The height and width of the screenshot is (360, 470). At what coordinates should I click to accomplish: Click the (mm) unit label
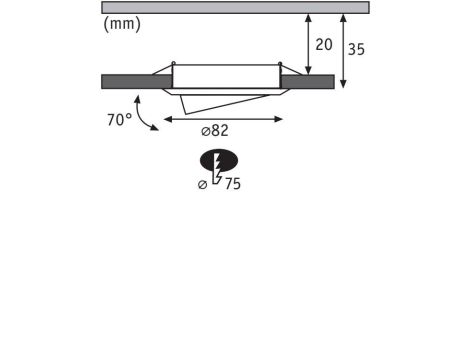122,24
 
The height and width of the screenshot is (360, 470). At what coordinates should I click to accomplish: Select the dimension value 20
324,45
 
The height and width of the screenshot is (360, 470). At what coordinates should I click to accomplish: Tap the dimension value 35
356,49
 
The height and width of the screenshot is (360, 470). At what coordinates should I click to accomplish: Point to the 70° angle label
119,120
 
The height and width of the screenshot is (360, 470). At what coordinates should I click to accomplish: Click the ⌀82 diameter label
215,131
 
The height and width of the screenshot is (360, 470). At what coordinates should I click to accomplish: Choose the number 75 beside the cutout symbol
233,184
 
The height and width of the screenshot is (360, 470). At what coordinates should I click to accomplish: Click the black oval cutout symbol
219,161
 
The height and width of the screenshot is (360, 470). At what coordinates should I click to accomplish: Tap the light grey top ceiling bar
235,7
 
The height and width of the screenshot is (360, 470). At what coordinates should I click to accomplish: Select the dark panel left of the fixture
137,82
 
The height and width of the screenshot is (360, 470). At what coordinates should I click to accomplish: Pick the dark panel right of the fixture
307,82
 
